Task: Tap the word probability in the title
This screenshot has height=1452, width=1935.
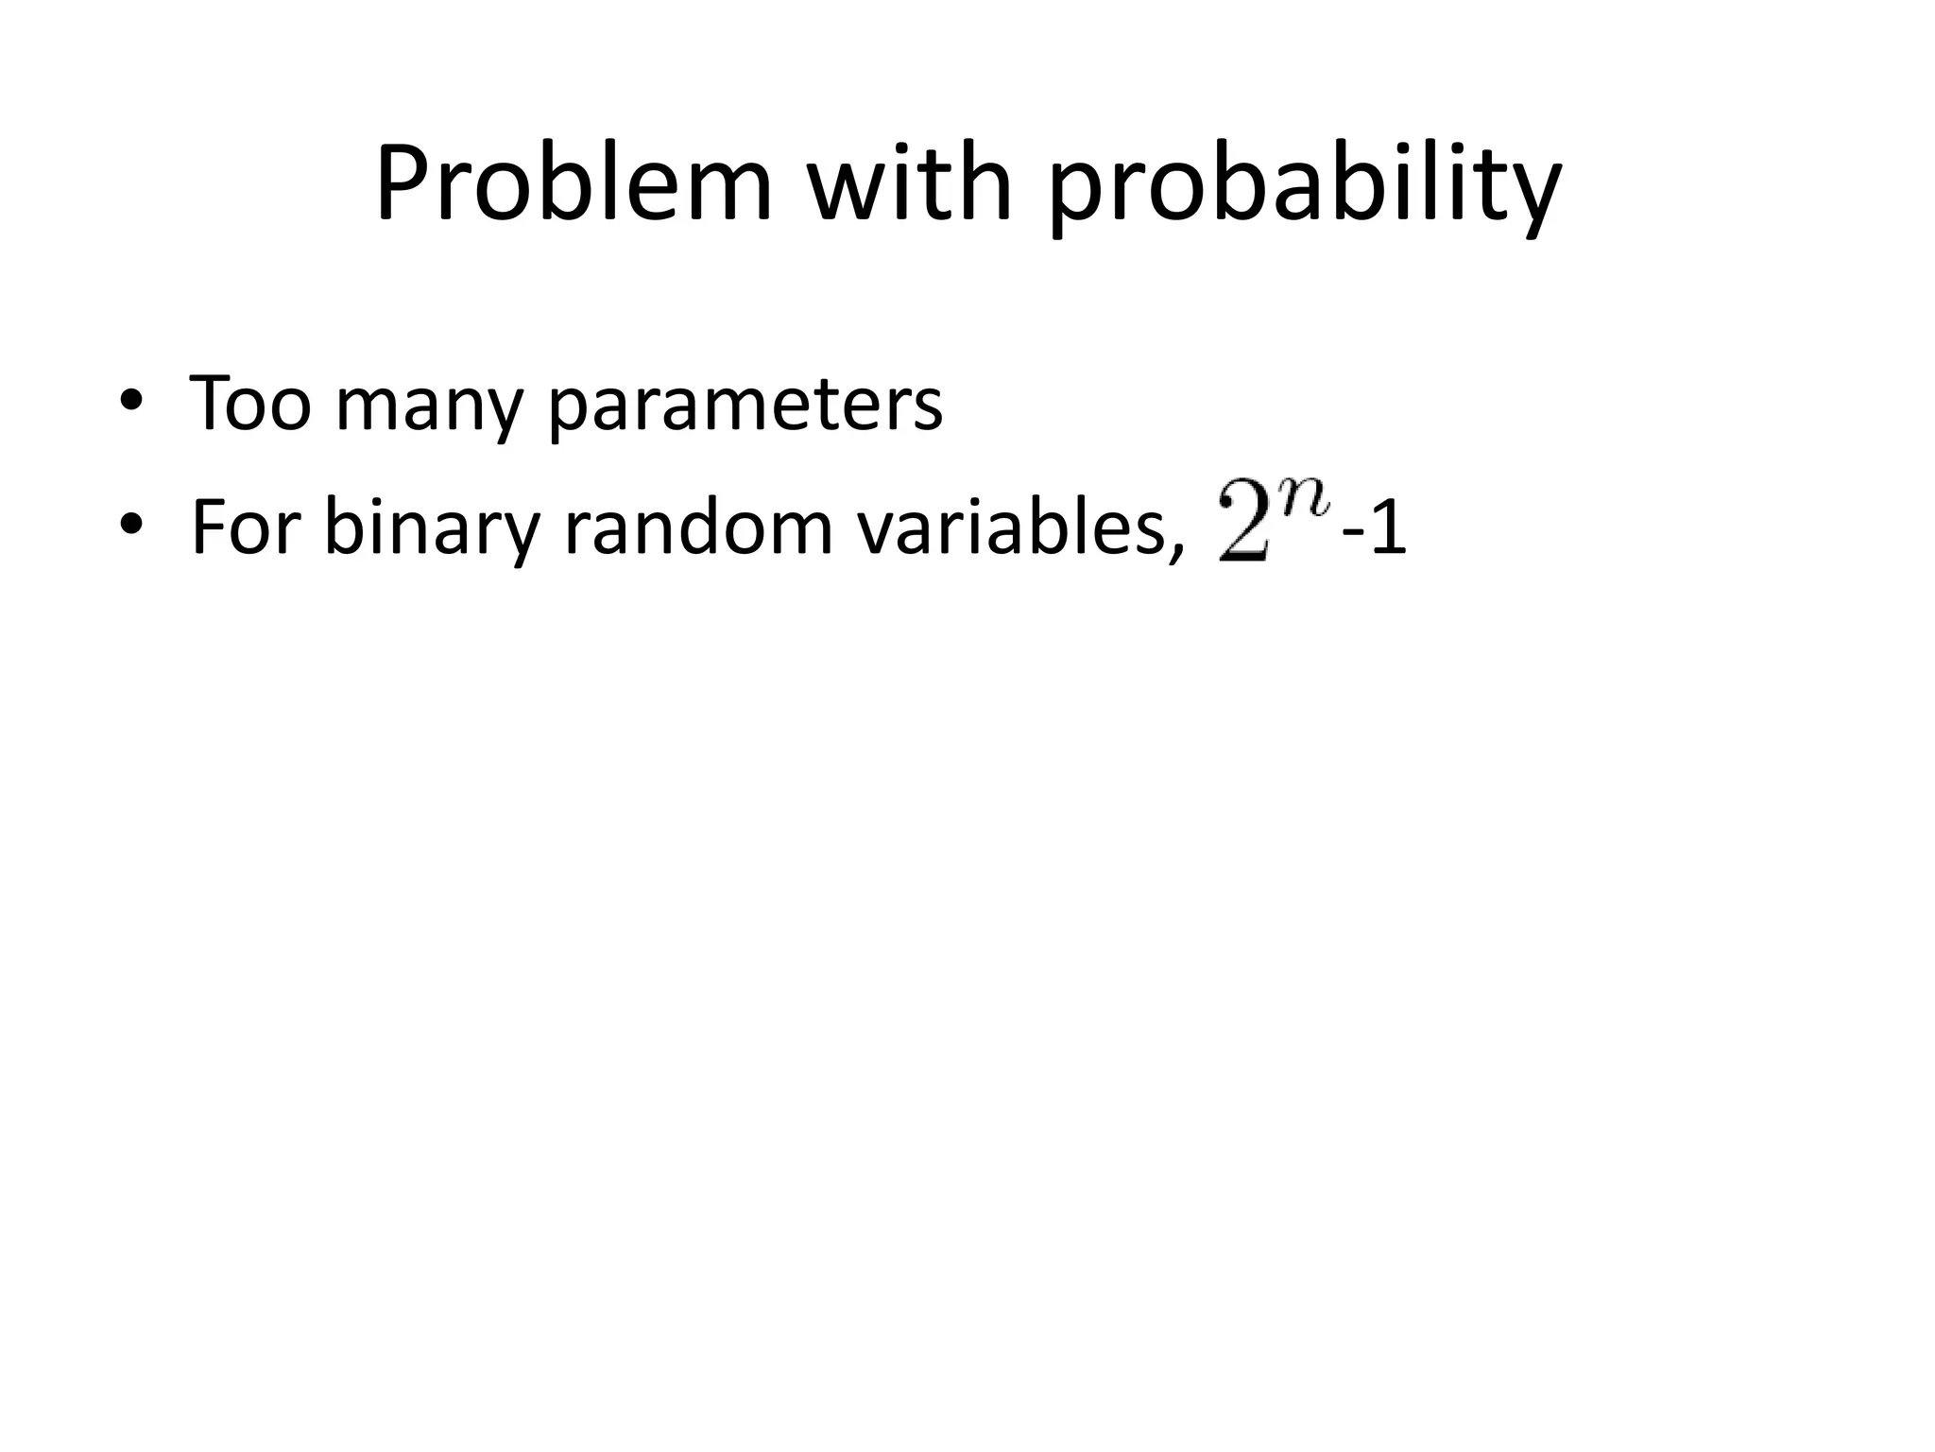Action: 1304,189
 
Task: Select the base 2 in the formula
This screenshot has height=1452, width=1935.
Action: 1246,529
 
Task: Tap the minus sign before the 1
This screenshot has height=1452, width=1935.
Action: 1353,534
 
